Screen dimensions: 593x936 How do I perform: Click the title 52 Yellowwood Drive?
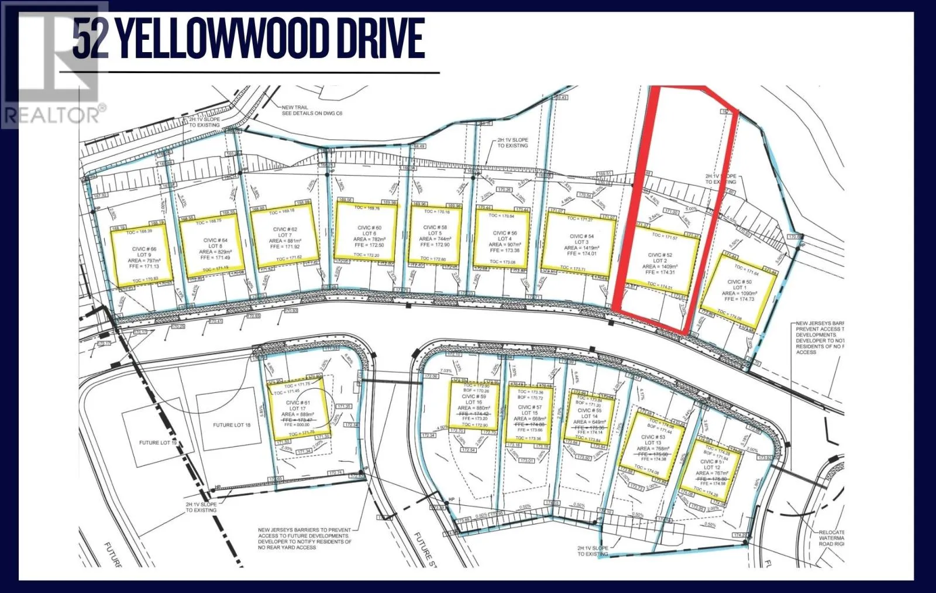click(248, 39)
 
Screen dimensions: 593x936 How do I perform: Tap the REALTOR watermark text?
click(54, 114)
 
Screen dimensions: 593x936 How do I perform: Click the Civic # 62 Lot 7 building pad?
click(285, 238)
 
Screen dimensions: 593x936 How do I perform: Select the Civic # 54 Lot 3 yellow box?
click(579, 242)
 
